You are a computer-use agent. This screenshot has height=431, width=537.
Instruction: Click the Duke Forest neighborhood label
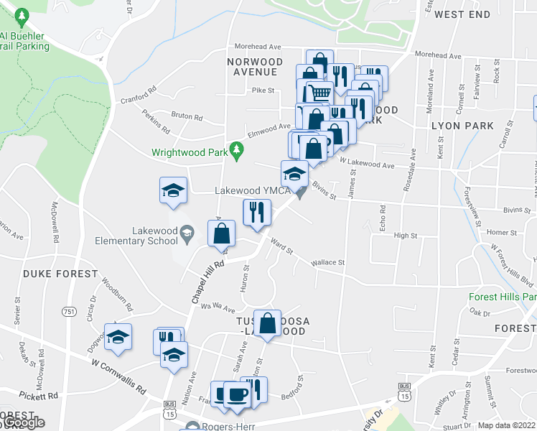coord(60,274)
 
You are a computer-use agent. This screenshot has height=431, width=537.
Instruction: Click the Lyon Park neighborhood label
coord(462,126)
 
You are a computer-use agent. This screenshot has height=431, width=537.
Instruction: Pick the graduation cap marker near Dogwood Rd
coord(118,336)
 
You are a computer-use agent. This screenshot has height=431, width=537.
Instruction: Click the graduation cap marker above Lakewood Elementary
coord(173,190)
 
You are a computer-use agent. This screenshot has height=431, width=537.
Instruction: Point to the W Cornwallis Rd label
coord(118,377)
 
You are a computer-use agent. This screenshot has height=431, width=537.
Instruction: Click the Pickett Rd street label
coord(39,396)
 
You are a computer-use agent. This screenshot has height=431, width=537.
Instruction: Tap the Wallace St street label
coord(327,263)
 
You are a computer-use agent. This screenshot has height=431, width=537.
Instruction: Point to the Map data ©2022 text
coord(506,425)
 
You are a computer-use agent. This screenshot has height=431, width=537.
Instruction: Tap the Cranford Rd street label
coord(139,96)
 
